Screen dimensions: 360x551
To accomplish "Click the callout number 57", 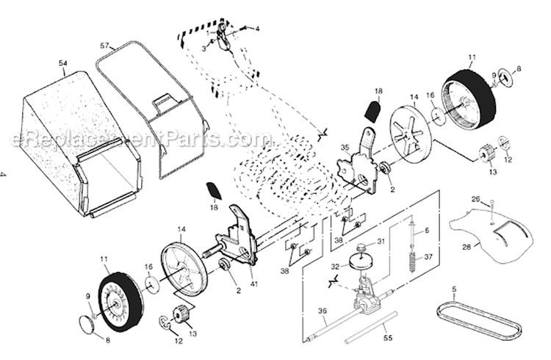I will (x=104, y=46).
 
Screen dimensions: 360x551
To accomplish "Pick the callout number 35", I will (x=345, y=148).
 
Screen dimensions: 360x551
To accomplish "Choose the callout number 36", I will (x=322, y=311).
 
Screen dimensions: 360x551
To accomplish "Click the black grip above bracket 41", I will (x=215, y=190).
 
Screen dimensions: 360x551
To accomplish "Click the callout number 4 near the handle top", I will (x=257, y=28).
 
